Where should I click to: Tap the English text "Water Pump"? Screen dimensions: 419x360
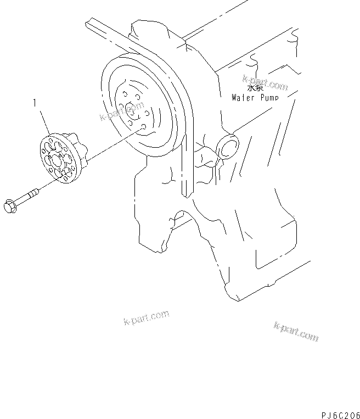pyautogui.click(x=255, y=98)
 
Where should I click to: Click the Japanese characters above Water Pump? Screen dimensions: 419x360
pyautogui.click(x=254, y=88)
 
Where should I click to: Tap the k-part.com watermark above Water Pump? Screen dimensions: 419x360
pyautogui.click(x=266, y=82)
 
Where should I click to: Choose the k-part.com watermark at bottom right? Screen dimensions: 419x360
pyautogui.click(x=295, y=332)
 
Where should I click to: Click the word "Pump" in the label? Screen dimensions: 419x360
pyautogui.click(x=267, y=98)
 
